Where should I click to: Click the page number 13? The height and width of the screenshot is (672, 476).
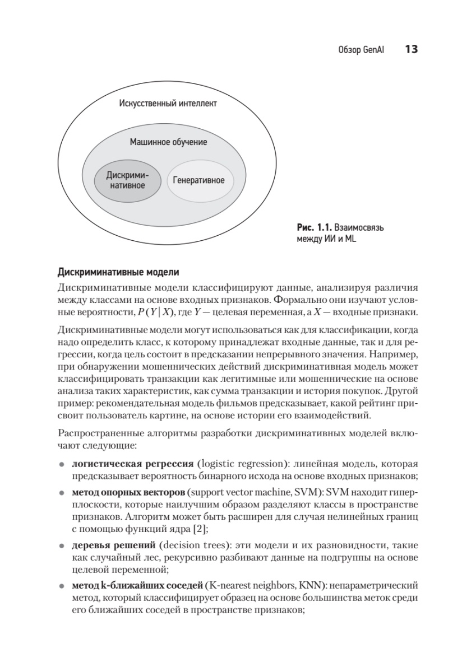tap(411, 50)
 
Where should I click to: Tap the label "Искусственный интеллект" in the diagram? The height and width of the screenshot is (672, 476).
tap(168, 104)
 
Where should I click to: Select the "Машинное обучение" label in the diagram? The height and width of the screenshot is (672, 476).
tap(168, 142)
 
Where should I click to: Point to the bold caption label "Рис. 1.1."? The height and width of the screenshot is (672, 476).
tap(315, 228)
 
